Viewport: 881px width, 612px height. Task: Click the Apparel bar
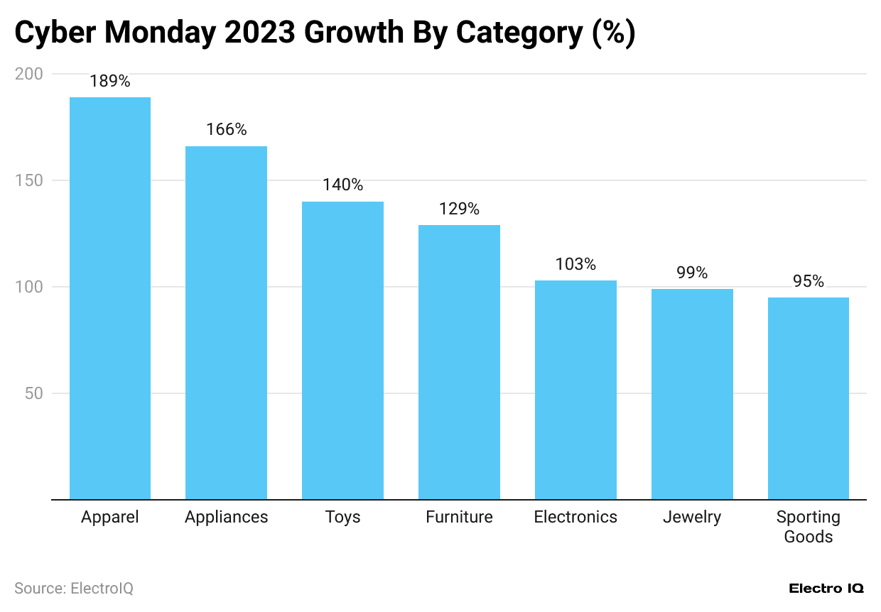click(x=109, y=298)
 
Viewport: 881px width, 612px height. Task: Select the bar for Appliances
click(x=226, y=323)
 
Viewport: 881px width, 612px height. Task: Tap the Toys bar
click(x=342, y=351)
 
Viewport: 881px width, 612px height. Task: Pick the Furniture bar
click(x=459, y=362)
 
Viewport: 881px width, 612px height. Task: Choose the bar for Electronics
click(x=575, y=390)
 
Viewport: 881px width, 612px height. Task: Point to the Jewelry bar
click(x=692, y=394)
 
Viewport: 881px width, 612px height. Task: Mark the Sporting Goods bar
click(x=809, y=398)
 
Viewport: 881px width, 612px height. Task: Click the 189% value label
click(x=109, y=82)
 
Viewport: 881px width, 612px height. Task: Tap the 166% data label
click(x=226, y=130)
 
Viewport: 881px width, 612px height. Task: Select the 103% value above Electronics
click(x=575, y=265)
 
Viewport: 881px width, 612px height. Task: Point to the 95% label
click(x=809, y=282)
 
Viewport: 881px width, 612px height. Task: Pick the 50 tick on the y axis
click(x=34, y=393)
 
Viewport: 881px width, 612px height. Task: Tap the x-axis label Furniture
click(x=459, y=517)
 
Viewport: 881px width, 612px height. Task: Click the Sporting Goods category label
click(x=809, y=526)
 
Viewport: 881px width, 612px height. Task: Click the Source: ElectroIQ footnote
click(x=74, y=589)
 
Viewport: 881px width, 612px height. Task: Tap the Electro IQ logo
click(x=826, y=589)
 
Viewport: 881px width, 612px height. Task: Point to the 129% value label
click(x=459, y=209)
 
